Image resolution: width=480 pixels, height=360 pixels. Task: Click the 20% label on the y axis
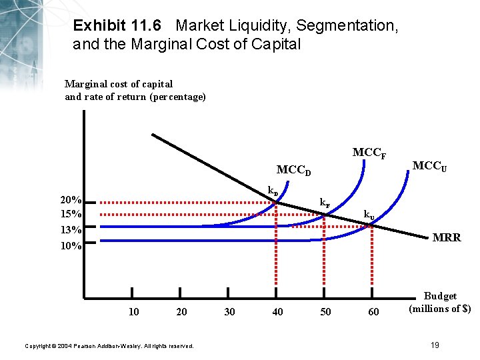pyautogui.click(x=71, y=200)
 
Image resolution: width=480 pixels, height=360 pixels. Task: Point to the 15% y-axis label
pyautogui.click(x=71, y=214)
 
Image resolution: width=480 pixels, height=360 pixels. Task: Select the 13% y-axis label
pyautogui.click(x=71, y=230)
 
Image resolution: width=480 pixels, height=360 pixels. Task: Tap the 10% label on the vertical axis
pyautogui.click(x=71, y=245)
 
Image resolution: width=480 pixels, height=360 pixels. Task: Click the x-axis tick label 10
pyautogui.click(x=133, y=311)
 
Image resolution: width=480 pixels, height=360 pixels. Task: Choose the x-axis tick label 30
pyautogui.click(x=229, y=311)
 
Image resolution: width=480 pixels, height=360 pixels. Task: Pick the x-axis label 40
pyautogui.click(x=277, y=311)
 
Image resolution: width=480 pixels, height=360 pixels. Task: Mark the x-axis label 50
pyautogui.click(x=325, y=311)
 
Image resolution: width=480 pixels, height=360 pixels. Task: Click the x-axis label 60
pyautogui.click(x=373, y=311)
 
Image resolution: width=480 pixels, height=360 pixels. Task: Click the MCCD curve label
pyautogui.click(x=294, y=170)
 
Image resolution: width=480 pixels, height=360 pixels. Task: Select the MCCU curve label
pyautogui.click(x=430, y=165)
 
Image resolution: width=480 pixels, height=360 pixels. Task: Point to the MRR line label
pyautogui.click(x=446, y=237)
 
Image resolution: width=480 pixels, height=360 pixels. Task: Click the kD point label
pyautogui.click(x=273, y=191)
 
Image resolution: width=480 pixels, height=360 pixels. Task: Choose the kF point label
pyautogui.click(x=324, y=202)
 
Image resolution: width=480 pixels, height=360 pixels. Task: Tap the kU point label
pyautogui.click(x=369, y=215)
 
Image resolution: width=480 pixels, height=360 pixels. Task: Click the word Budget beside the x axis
pyautogui.click(x=440, y=296)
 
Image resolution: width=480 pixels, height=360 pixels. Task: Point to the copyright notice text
pyautogui.click(x=109, y=346)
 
